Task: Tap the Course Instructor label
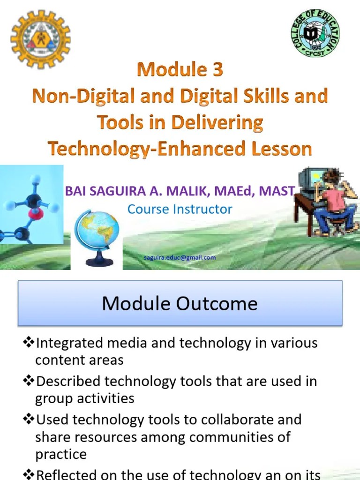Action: (180, 209)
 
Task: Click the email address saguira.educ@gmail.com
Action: (180, 257)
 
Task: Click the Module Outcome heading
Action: (180, 303)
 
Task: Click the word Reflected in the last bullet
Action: (69, 474)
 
